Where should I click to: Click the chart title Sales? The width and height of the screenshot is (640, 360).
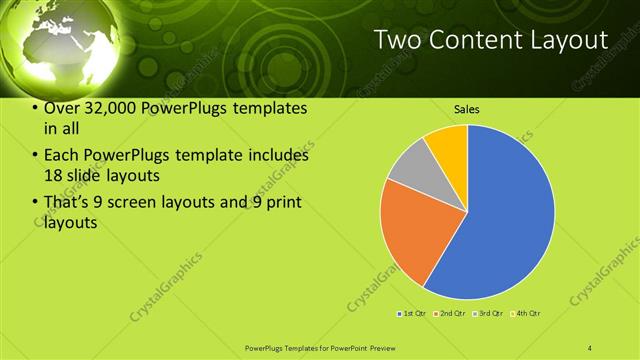click(467, 108)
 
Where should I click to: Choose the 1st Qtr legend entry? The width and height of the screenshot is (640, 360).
click(412, 314)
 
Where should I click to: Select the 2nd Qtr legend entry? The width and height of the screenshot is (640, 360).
click(451, 314)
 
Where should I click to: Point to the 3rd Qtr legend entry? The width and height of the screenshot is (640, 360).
click(489, 314)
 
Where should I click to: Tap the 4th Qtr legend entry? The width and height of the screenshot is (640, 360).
click(527, 314)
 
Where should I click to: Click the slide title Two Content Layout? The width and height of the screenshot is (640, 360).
click(490, 40)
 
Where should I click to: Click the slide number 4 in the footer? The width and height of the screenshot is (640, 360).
click(590, 347)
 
